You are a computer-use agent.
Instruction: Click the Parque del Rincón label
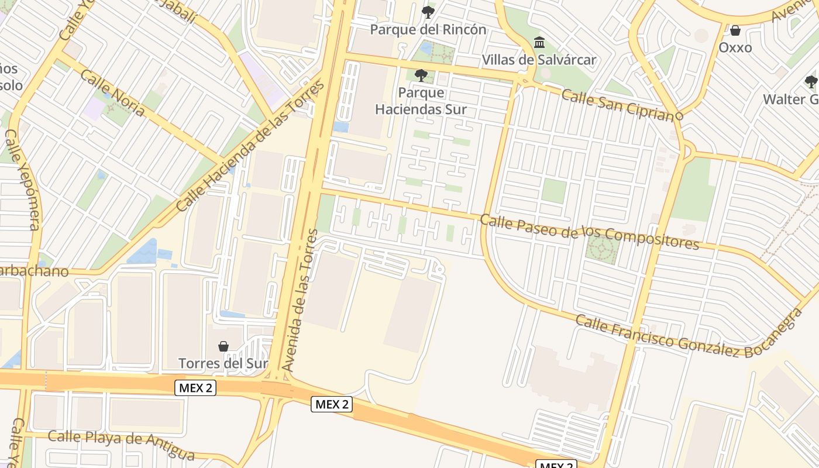tap(428, 29)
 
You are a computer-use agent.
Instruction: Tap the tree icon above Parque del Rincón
tap(428, 12)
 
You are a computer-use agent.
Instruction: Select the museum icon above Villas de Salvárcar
tap(539, 43)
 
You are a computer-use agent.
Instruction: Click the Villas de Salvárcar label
tap(539, 60)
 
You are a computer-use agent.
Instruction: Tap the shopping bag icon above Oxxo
tap(735, 30)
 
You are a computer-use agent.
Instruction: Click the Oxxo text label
tap(735, 47)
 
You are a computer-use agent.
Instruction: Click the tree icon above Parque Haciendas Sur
tap(421, 75)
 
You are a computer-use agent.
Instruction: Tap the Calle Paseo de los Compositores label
tap(589, 231)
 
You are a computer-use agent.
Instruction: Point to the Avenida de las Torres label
tap(299, 300)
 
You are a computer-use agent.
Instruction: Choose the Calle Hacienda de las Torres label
tap(250, 146)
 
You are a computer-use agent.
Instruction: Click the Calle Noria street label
tap(112, 93)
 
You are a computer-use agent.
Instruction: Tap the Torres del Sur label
tap(223, 363)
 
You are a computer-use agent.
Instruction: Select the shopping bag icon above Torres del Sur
tap(223, 346)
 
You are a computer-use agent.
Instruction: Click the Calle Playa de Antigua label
tap(121, 445)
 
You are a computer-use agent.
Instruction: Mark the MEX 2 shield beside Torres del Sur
tap(195, 387)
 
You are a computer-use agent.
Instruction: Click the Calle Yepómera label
tap(22, 180)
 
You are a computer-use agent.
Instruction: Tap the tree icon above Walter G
tap(811, 82)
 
